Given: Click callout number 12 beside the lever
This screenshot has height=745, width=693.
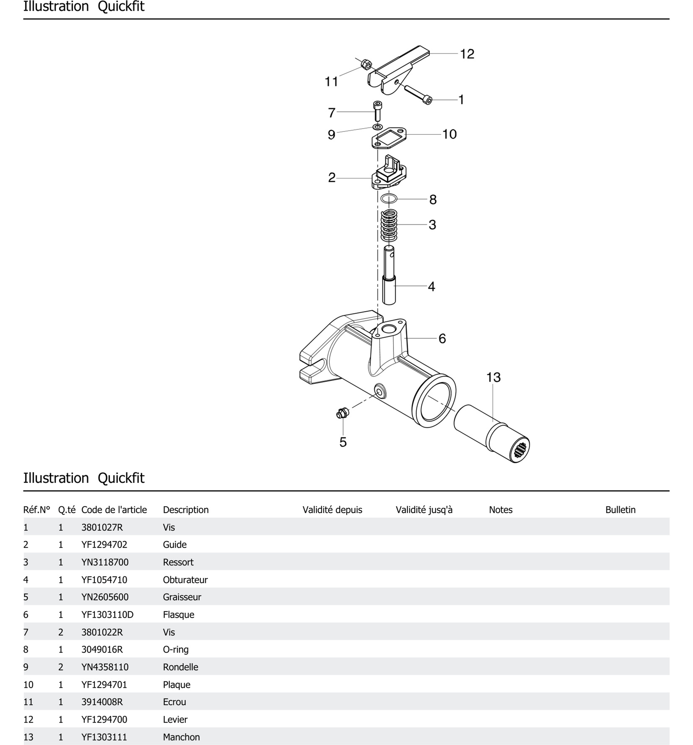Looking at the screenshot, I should click(x=467, y=54).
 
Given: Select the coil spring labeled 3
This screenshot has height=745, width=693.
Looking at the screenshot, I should click(x=389, y=225).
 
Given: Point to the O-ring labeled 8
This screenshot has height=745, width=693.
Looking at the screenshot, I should click(x=389, y=198).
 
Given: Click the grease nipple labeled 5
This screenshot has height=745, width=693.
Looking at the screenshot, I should click(x=342, y=413).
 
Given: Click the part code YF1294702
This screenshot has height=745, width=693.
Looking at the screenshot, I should click(x=104, y=544).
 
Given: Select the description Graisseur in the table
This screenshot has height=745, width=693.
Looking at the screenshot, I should click(x=182, y=597).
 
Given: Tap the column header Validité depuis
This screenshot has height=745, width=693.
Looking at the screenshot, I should click(x=332, y=510).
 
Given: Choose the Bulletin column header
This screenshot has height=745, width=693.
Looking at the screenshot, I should click(x=620, y=510).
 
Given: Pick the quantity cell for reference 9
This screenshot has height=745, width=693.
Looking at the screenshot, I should click(x=61, y=667).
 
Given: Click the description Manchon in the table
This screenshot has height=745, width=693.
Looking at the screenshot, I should click(x=181, y=737).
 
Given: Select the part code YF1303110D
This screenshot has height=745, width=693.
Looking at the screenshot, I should click(x=107, y=615).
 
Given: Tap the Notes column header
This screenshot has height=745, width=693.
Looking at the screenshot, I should click(x=500, y=510).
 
